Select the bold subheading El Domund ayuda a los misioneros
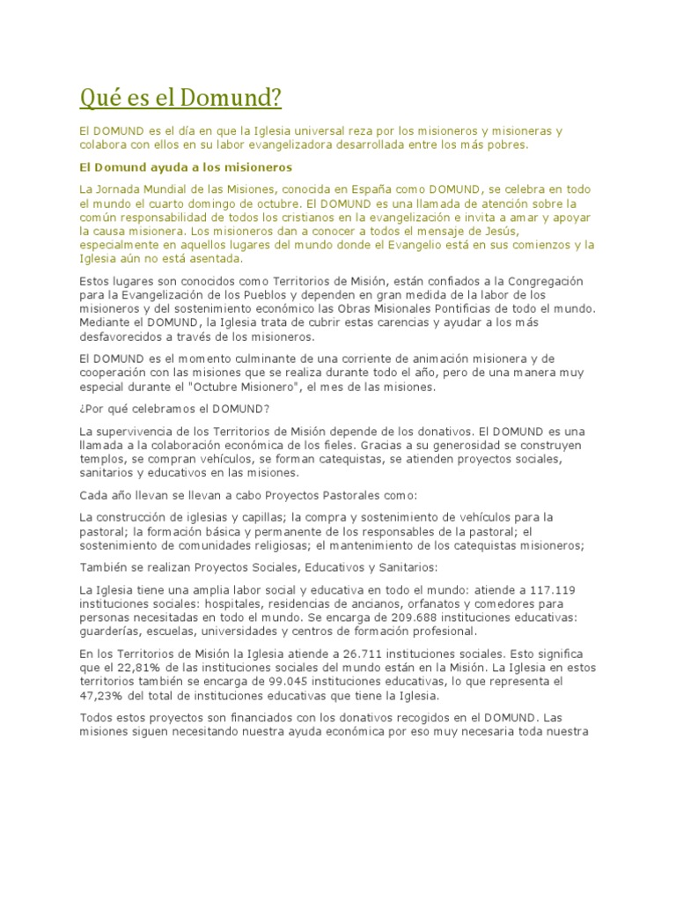pyautogui.click(x=186, y=166)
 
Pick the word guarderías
pyautogui.click(x=112, y=632)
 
